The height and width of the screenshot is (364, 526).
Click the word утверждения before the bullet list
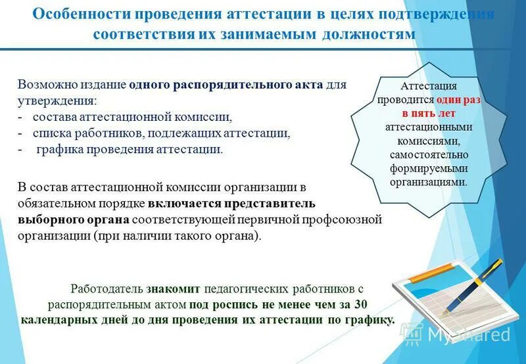pyautogui.click(x=57, y=101)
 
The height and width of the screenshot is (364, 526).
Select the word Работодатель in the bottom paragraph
pyautogui.click(x=107, y=288)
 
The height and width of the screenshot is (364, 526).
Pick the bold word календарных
pyautogui.click(x=56, y=321)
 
